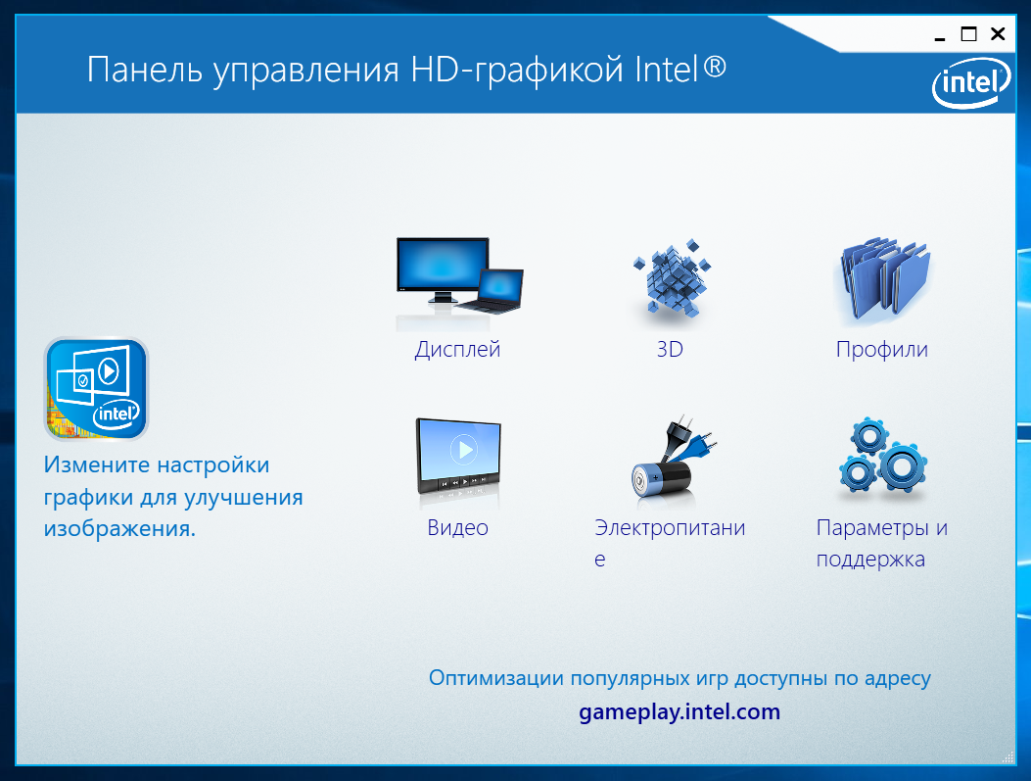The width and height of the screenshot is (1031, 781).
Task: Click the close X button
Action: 998,33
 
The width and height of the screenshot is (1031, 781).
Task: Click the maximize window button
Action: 968,33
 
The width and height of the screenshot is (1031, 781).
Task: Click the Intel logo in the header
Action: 971,83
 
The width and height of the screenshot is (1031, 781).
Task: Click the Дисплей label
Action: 457,350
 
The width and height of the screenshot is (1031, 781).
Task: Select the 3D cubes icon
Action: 672,279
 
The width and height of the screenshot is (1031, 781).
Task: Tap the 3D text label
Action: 670,349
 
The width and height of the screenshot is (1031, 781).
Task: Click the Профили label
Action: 882,350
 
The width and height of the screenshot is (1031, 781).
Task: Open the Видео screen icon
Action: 458,462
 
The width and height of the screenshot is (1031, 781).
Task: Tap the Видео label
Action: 457,527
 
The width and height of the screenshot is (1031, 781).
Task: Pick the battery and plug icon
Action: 672,460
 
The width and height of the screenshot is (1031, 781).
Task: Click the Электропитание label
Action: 670,543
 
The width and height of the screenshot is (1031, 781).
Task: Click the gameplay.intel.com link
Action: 680,711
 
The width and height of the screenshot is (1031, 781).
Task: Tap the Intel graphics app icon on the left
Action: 97,389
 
